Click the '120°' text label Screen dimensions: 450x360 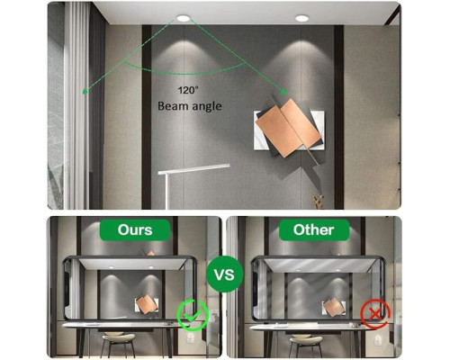(x=188, y=90)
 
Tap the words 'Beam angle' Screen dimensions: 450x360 (x=190, y=106)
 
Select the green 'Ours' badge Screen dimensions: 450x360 (x=135, y=230)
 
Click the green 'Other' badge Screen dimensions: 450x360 (x=314, y=230)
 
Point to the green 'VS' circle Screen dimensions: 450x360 (x=225, y=274)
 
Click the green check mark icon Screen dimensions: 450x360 (x=193, y=315)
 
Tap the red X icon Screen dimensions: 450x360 (x=375, y=314)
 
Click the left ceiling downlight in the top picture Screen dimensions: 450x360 (x=183, y=18)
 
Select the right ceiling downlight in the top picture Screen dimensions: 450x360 (x=301, y=18)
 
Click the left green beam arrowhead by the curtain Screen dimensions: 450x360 (x=85, y=91)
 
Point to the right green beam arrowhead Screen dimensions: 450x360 (x=283, y=92)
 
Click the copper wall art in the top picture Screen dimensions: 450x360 (x=287, y=128)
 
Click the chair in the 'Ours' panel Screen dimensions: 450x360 (x=119, y=345)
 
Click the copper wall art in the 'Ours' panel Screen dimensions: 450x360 (x=146, y=304)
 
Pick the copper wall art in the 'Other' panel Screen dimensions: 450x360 (x=333, y=307)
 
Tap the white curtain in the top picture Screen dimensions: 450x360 (x=76, y=105)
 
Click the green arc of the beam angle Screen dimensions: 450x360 (x=184, y=73)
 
